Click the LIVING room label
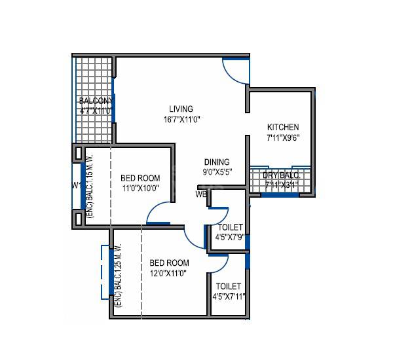click(181, 109)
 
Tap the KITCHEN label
click(283, 127)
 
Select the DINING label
click(216, 162)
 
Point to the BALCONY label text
click(96, 101)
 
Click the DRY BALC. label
click(281, 175)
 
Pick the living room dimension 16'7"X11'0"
click(181, 120)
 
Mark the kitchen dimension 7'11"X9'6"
click(283, 138)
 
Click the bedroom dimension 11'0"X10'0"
click(140, 189)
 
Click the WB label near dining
click(200, 194)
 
